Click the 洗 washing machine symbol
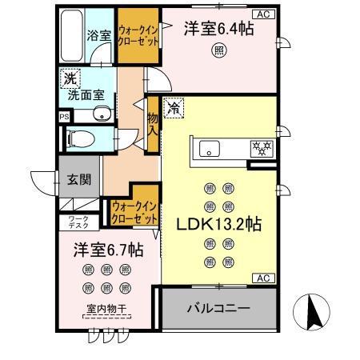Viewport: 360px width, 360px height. tap(70, 80)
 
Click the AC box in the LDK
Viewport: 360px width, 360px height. tap(261, 278)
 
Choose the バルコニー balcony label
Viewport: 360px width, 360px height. tap(218, 306)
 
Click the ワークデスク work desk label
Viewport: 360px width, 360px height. tap(78, 222)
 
